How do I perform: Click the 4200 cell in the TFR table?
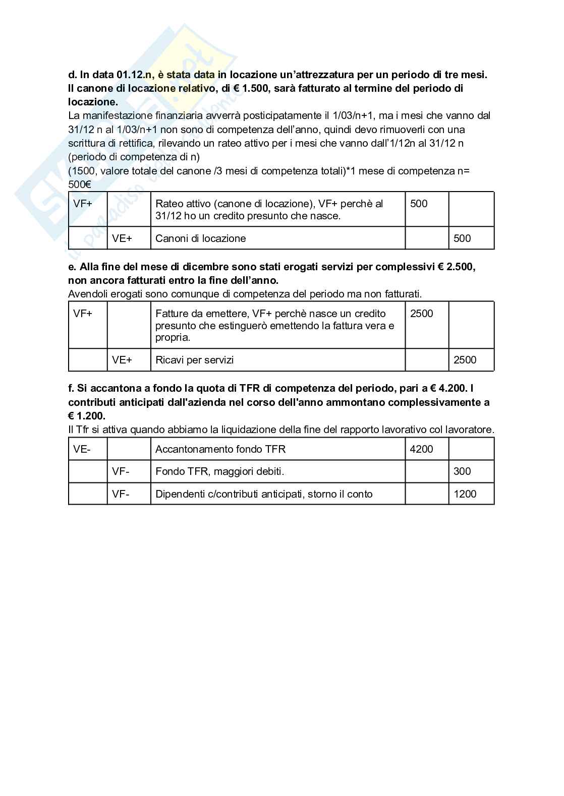coord(421,449)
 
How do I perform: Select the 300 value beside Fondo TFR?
coord(462,471)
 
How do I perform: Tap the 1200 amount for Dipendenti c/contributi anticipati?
coord(465,494)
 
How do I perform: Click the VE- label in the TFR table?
coord(82,449)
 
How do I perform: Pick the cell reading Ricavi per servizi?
coord(194,360)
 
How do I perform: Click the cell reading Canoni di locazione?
coord(200,238)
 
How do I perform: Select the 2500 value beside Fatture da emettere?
coord(421,314)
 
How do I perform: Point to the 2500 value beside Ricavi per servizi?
coord(465,360)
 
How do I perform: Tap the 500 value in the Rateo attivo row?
coord(419,204)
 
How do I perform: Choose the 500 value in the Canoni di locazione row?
coord(462,238)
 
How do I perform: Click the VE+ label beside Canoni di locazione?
coord(122,238)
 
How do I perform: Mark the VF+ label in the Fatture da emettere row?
coord(83,314)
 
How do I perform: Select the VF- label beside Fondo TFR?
coord(121,471)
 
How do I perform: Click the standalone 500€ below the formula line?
coord(79,185)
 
